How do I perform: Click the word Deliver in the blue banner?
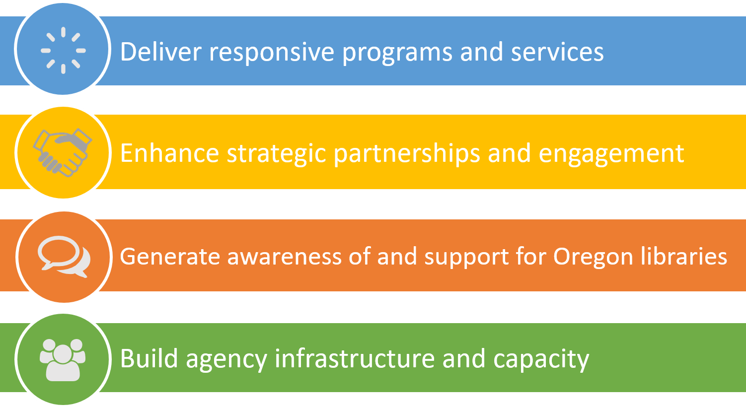160,52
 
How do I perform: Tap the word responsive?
271,53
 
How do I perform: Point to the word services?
557,52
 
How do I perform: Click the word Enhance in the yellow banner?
169,153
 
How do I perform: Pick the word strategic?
276,155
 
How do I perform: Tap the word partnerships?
407,155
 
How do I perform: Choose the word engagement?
611,155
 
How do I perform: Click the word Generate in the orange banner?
170,257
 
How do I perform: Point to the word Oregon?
593,258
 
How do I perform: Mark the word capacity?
541,360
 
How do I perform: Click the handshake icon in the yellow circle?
63,152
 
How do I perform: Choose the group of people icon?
63,360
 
